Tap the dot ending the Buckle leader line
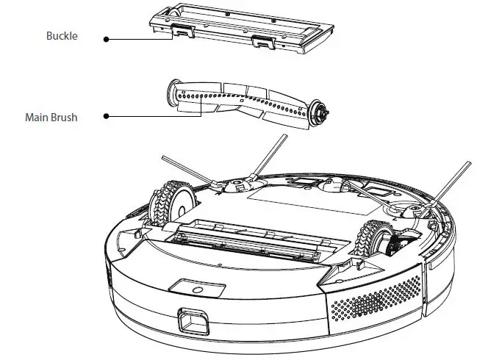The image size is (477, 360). click(106, 40)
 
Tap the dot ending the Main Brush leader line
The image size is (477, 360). click(106, 116)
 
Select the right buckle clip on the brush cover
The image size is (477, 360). click(259, 43)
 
